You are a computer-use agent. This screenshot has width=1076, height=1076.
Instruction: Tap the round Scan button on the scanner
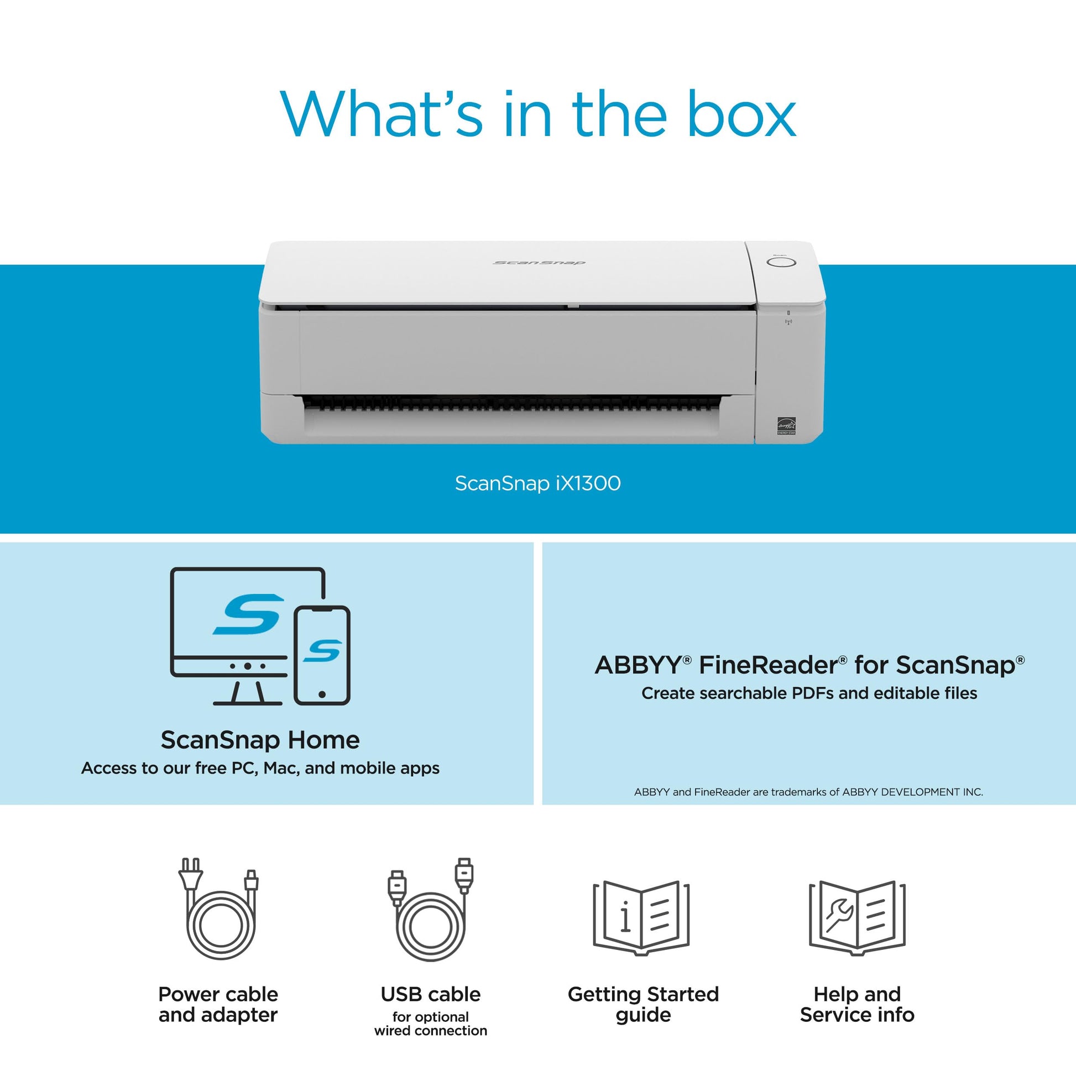pos(781,262)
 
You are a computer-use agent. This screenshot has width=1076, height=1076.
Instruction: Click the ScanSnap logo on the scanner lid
pos(539,262)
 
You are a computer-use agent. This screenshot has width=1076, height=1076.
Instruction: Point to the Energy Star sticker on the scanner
pos(786,426)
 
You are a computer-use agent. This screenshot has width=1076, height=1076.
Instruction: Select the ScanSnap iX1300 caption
pos(537,483)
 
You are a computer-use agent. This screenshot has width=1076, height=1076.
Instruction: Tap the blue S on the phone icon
pos(322,650)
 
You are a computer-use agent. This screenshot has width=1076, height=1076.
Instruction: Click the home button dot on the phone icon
pos(322,694)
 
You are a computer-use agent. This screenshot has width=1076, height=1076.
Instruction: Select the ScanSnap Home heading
pos(260,740)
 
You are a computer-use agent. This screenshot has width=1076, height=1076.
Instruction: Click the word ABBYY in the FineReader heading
pos(638,666)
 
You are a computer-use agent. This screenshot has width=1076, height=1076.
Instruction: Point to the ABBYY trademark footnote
pos(809,792)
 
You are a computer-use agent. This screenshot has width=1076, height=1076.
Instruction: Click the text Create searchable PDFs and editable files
pos(809,693)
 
